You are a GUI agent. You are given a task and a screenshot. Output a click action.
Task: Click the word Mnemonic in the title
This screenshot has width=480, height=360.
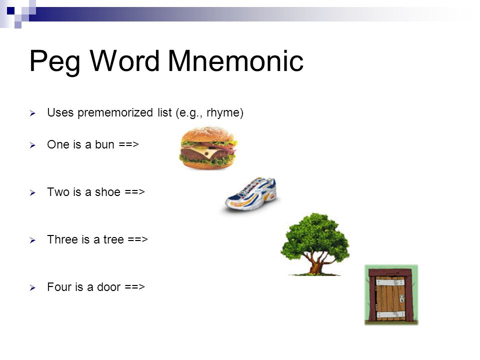point(235,61)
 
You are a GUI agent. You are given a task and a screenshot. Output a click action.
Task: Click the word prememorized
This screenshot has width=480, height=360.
point(115,113)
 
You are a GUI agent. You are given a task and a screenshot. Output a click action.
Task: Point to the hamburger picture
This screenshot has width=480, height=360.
point(208,148)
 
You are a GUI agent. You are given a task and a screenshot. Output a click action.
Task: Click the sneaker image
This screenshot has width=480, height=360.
point(251,194)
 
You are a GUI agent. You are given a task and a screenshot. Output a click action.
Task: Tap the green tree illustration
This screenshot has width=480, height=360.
point(315,244)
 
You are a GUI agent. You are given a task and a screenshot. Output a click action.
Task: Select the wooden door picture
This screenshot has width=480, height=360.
point(391,295)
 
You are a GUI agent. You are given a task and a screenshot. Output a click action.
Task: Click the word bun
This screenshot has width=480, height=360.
point(104,144)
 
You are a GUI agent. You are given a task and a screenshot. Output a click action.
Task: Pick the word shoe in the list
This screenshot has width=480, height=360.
point(108,192)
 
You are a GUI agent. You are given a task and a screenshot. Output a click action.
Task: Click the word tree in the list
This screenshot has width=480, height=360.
point(113,239)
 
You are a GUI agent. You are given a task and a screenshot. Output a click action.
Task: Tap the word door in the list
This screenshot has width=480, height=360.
point(108,287)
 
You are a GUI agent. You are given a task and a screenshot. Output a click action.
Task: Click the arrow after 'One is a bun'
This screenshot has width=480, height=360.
point(128,144)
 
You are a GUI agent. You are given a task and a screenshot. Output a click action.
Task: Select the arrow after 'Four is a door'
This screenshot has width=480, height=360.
point(134,287)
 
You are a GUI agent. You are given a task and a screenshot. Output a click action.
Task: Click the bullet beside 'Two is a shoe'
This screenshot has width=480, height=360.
point(33,193)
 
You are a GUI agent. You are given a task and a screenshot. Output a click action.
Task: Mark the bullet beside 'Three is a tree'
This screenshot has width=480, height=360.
point(33,240)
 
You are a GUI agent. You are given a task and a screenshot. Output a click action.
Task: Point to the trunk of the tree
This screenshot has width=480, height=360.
point(316,265)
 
